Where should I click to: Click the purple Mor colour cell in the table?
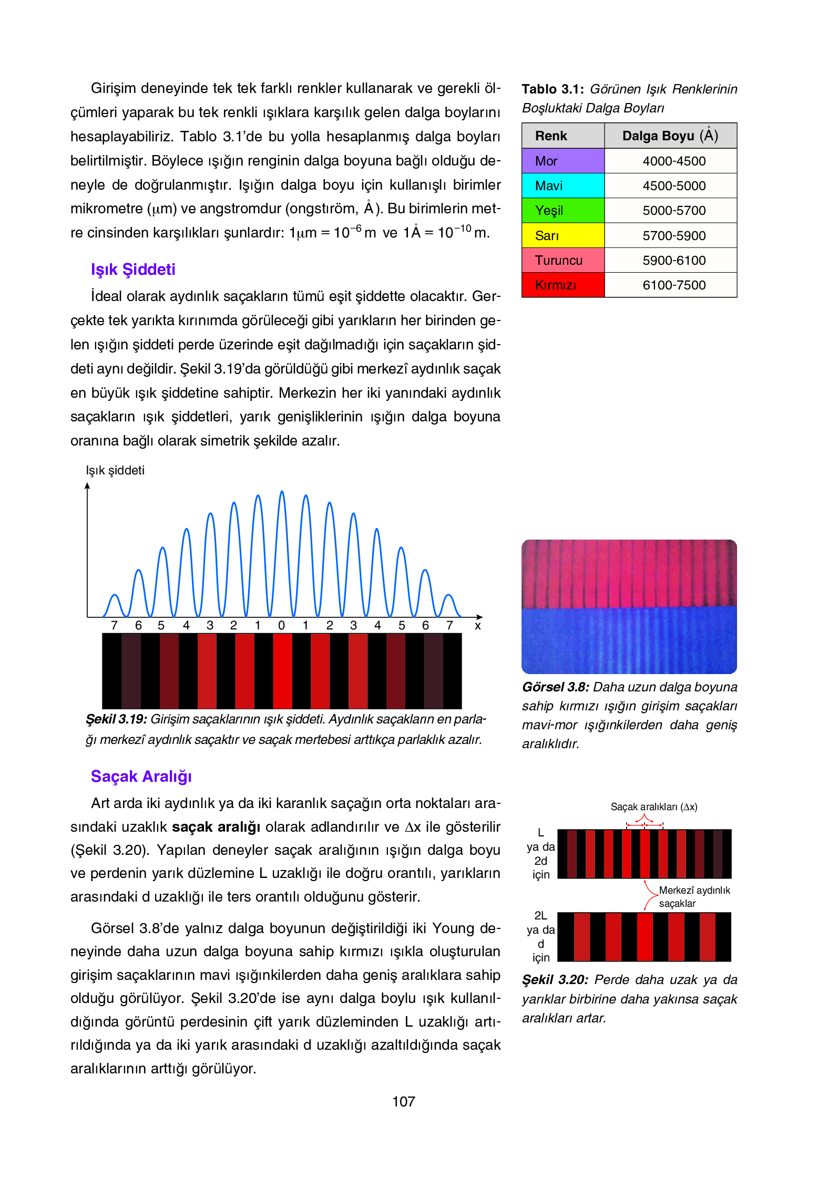click(563, 161)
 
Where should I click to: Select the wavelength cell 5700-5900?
click(673, 235)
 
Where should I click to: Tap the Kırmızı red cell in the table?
click(563, 285)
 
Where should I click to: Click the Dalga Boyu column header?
click(670, 136)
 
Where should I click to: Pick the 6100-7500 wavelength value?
click(673, 285)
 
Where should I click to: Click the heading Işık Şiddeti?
click(133, 269)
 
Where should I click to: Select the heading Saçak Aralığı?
click(141, 776)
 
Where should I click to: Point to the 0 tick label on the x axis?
click(281, 625)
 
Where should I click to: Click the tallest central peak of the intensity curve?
click(282, 492)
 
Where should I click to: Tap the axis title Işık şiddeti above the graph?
click(115, 470)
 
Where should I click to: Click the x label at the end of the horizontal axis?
click(477, 625)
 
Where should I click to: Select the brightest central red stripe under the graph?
click(282, 671)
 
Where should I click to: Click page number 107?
click(403, 1101)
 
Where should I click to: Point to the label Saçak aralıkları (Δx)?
click(653, 806)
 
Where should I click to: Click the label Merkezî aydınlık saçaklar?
click(694, 896)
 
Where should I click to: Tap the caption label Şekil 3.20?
click(555, 979)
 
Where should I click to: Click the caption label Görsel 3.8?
click(555, 687)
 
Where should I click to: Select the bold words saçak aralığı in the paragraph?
click(216, 826)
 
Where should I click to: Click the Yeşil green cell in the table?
click(563, 210)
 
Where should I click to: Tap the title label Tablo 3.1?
click(553, 89)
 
